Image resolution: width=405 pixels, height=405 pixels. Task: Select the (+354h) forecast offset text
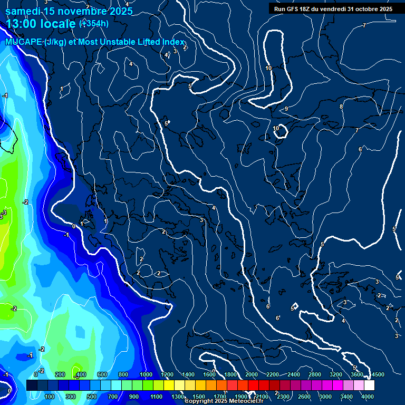(94, 23)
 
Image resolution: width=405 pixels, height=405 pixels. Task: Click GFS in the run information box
(294, 9)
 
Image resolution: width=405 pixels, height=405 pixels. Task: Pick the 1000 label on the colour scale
(146, 374)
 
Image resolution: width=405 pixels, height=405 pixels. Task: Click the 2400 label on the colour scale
(294, 374)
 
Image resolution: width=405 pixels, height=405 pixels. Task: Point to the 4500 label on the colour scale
(377, 374)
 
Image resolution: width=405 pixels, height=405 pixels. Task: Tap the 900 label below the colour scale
(133, 397)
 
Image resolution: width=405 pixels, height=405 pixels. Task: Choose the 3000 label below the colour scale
(325, 397)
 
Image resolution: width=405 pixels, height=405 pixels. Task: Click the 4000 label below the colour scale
(368, 397)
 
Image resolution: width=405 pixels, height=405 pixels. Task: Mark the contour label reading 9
(286, 109)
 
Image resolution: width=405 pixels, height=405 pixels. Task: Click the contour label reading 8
(341, 107)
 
